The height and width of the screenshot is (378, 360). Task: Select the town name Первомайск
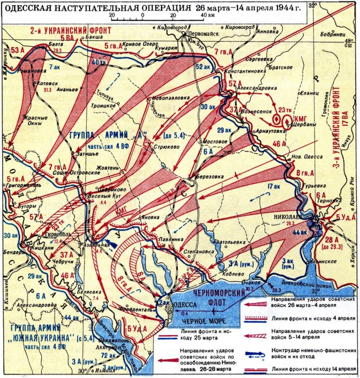tap(190, 34)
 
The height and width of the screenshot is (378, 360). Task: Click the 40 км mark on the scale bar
tap(207, 15)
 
